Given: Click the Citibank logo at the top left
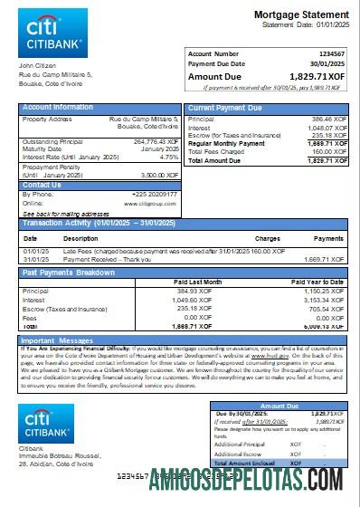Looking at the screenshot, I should point(52,33).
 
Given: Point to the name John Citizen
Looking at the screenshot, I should point(37,66).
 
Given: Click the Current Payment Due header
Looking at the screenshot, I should point(226,108).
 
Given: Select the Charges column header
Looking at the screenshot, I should point(267,238).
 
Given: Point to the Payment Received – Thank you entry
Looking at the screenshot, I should point(105,258).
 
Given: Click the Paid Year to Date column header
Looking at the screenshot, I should point(322,282).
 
